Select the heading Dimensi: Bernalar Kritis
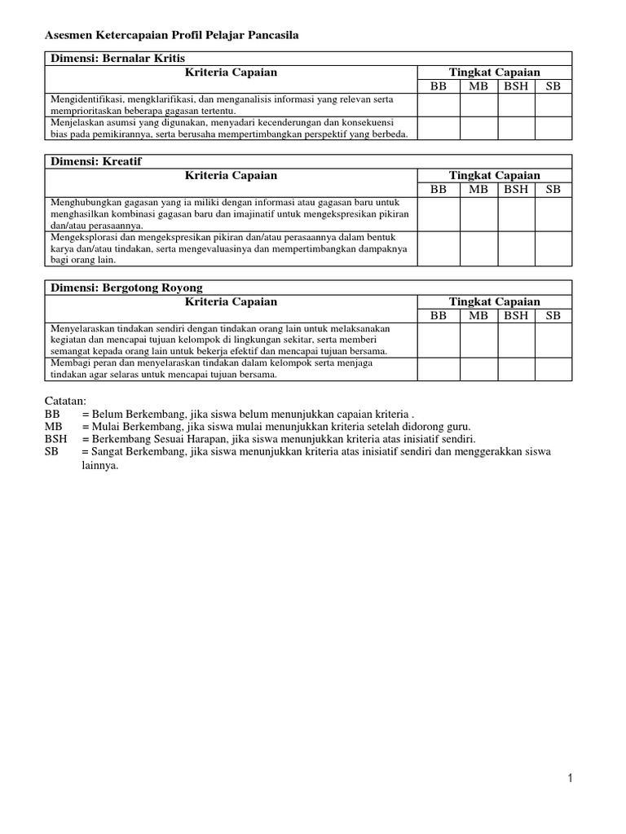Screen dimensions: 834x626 (118, 59)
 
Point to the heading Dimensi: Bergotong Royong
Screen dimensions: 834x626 (126, 288)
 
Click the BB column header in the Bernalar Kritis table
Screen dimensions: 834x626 (439, 86)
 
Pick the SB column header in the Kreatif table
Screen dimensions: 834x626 (553, 189)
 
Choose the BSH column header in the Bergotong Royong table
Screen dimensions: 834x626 (516, 315)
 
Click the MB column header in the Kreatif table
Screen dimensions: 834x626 (478, 189)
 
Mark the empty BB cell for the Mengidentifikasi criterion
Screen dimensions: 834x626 (439, 105)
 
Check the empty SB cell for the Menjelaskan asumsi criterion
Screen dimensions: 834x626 (553, 128)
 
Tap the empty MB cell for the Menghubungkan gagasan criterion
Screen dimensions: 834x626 (478, 214)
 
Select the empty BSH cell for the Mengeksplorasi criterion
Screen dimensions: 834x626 (516, 248)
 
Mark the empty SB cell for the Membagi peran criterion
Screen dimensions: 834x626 (553, 369)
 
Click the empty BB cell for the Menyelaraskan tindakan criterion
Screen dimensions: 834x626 (439, 340)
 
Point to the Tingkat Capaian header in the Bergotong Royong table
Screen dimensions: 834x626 (494, 301)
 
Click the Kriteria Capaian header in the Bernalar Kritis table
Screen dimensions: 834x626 (231, 72)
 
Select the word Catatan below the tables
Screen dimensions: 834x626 (65, 401)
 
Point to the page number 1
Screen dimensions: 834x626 (571, 778)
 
